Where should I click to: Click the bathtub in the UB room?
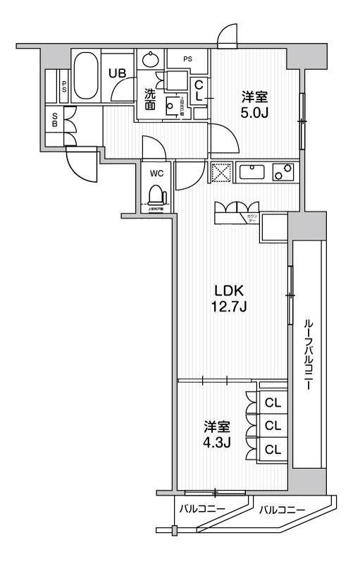click(88, 75)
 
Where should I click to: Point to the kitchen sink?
click(251, 172)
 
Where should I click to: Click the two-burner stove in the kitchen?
click(283, 172)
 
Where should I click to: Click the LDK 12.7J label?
click(230, 298)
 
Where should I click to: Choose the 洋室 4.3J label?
click(218, 434)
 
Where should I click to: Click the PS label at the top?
click(188, 59)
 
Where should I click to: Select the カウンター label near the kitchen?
click(252, 218)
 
